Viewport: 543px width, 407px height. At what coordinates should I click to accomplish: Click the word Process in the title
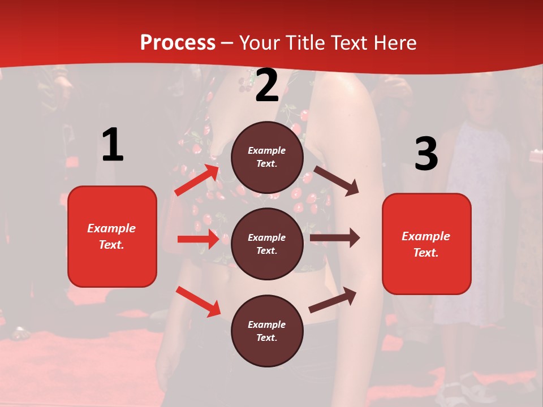pyautogui.click(x=178, y=43)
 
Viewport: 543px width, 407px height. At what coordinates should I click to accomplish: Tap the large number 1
pyautogui.click(x=113, y=145)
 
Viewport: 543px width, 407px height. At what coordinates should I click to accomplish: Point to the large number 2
pyautogui.click(x=267, y=85)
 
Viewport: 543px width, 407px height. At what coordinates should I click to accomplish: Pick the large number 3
pyautogui.click(x=426, y=154)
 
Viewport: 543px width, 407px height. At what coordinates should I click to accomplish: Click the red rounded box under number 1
pyautogui.click(x=112, y=236)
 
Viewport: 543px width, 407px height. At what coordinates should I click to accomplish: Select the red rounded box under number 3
pyautogui.click(x=426, y=244)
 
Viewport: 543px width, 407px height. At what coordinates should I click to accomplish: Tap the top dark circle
pyautogui.click(x=267, y=157)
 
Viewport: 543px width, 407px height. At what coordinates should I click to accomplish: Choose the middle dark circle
pyautogui.click(x=267, y=244)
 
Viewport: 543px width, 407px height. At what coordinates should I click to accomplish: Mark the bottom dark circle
pyautogui.click(x=267, y=331)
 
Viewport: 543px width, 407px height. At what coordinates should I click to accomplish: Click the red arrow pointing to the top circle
pyautogui.click(x=197, y=180)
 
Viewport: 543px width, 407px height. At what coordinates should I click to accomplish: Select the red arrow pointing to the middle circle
pyautogui.click(x=198, y=239)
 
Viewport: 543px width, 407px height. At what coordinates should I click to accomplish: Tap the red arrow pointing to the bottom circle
pyautogui.click(x=198, y=301)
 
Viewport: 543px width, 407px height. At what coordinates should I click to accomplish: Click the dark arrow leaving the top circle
pyautogui.click(x=337, y=180)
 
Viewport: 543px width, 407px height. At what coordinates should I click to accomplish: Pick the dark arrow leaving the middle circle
pyautogui.click(x=335, y=238)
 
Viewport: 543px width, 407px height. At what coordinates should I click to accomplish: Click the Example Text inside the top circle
pyautogui.click(x=267, y=157)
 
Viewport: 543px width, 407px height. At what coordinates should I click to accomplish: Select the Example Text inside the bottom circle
pyautogui.click(x=267, y=331)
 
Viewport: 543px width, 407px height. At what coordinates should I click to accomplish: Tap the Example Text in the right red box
pyautogui.click(x=426, y=244)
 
